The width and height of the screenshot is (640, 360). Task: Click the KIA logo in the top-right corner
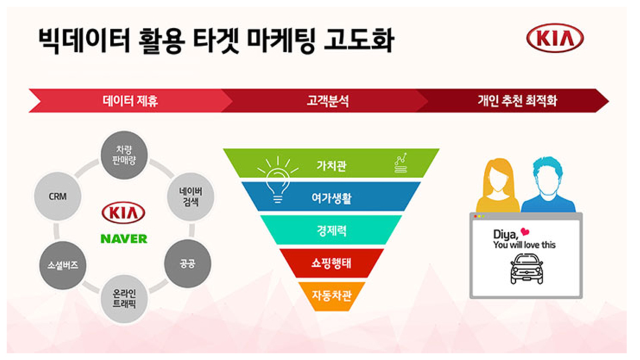pos(555,39)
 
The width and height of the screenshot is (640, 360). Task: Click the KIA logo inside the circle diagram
pos(123,213)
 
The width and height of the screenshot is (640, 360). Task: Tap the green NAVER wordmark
pos(124,239)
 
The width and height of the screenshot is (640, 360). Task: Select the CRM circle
pos(57,196)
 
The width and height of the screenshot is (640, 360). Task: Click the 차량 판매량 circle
pos(124,155)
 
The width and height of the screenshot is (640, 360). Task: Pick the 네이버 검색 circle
pos(191,197)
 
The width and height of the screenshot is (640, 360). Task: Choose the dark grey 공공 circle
pos(188,264)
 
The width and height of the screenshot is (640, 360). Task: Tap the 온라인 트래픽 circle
pos(124,299)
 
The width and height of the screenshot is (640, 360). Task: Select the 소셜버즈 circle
pos(63,265)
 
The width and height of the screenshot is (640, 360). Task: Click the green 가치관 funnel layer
pos(331,163)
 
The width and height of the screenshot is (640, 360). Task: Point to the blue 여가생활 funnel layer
pos(331,197)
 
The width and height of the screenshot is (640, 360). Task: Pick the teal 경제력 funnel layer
pos(331,230)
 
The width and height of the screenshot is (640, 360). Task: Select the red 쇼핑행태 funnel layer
pos(331,263)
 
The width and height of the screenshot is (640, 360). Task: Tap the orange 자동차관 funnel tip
pos(331,295)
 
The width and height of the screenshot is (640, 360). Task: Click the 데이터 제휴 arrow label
pos(130,101)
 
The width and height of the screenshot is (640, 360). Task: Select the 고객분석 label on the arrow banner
pos(328,101)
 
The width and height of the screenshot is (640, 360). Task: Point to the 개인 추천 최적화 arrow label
pos(517,101)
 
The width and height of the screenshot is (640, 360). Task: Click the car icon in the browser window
pos(527,268)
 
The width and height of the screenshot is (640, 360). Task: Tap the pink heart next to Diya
pos(525,232)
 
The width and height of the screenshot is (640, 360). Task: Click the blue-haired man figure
pos(548,186)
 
